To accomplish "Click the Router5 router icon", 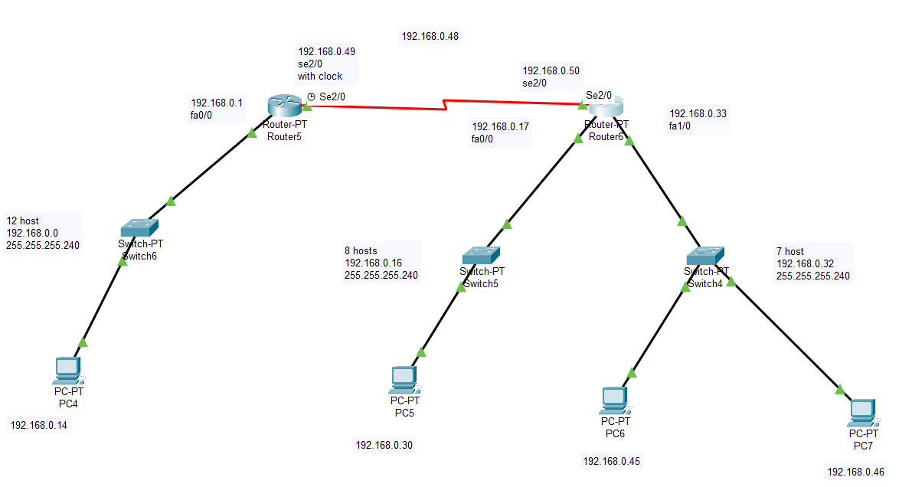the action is [285, 106].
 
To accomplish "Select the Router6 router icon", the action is [606, 106].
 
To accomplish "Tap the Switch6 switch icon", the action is [139, 227].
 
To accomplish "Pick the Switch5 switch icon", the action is [481, 256].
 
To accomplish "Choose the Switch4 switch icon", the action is [705, 256].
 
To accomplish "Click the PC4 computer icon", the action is [68, 371].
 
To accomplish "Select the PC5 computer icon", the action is [404, 380].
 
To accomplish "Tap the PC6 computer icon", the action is [615, 400].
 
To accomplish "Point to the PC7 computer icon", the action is [863, 413].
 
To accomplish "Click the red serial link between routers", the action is [445, 105].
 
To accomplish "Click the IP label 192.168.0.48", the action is [430, 36].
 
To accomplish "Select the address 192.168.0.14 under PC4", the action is [38, 425].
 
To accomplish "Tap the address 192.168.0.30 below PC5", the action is [384, 445].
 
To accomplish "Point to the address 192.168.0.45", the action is [611, 462].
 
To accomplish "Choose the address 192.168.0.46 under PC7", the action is [855, 472].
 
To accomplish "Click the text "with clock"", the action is [320, 77].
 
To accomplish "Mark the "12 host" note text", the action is [23, 221].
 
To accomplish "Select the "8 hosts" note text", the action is [361, 250].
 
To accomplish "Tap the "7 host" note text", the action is [789, 251].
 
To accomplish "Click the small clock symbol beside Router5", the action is [311, 96].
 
